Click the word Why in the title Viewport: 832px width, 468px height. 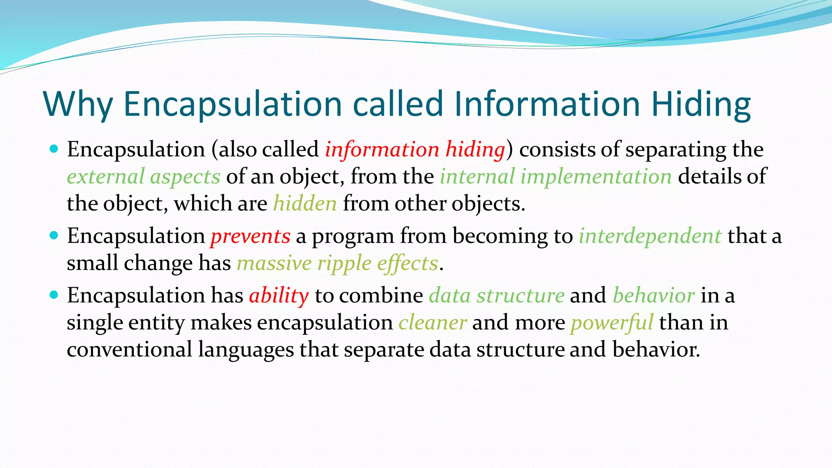pos(77,104)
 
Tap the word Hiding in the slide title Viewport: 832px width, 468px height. pos(701,104)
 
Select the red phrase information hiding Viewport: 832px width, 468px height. pos(415,149)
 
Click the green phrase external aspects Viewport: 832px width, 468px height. pos(143,176)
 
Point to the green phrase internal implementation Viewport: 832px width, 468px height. pos(556,176)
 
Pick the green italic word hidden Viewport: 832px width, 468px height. pos(305,203)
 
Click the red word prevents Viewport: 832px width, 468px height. pos(250,236)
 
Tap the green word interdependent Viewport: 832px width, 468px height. pos(650,236)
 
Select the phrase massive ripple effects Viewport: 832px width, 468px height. pos(338,263)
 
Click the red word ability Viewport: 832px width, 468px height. pos(279,295)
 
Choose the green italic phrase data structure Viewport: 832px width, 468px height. pos(496,295)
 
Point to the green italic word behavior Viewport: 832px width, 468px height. pos(654,295)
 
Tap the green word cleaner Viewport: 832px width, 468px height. pos(432,323)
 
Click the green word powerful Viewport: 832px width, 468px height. pos(612,323)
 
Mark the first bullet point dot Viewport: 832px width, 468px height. pos(54,148)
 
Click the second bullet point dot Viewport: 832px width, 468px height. pos(54,235)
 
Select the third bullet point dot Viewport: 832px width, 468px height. pos(54,295)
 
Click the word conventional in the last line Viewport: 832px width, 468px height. pos(130,349)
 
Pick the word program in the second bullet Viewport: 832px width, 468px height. pos(353,236)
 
